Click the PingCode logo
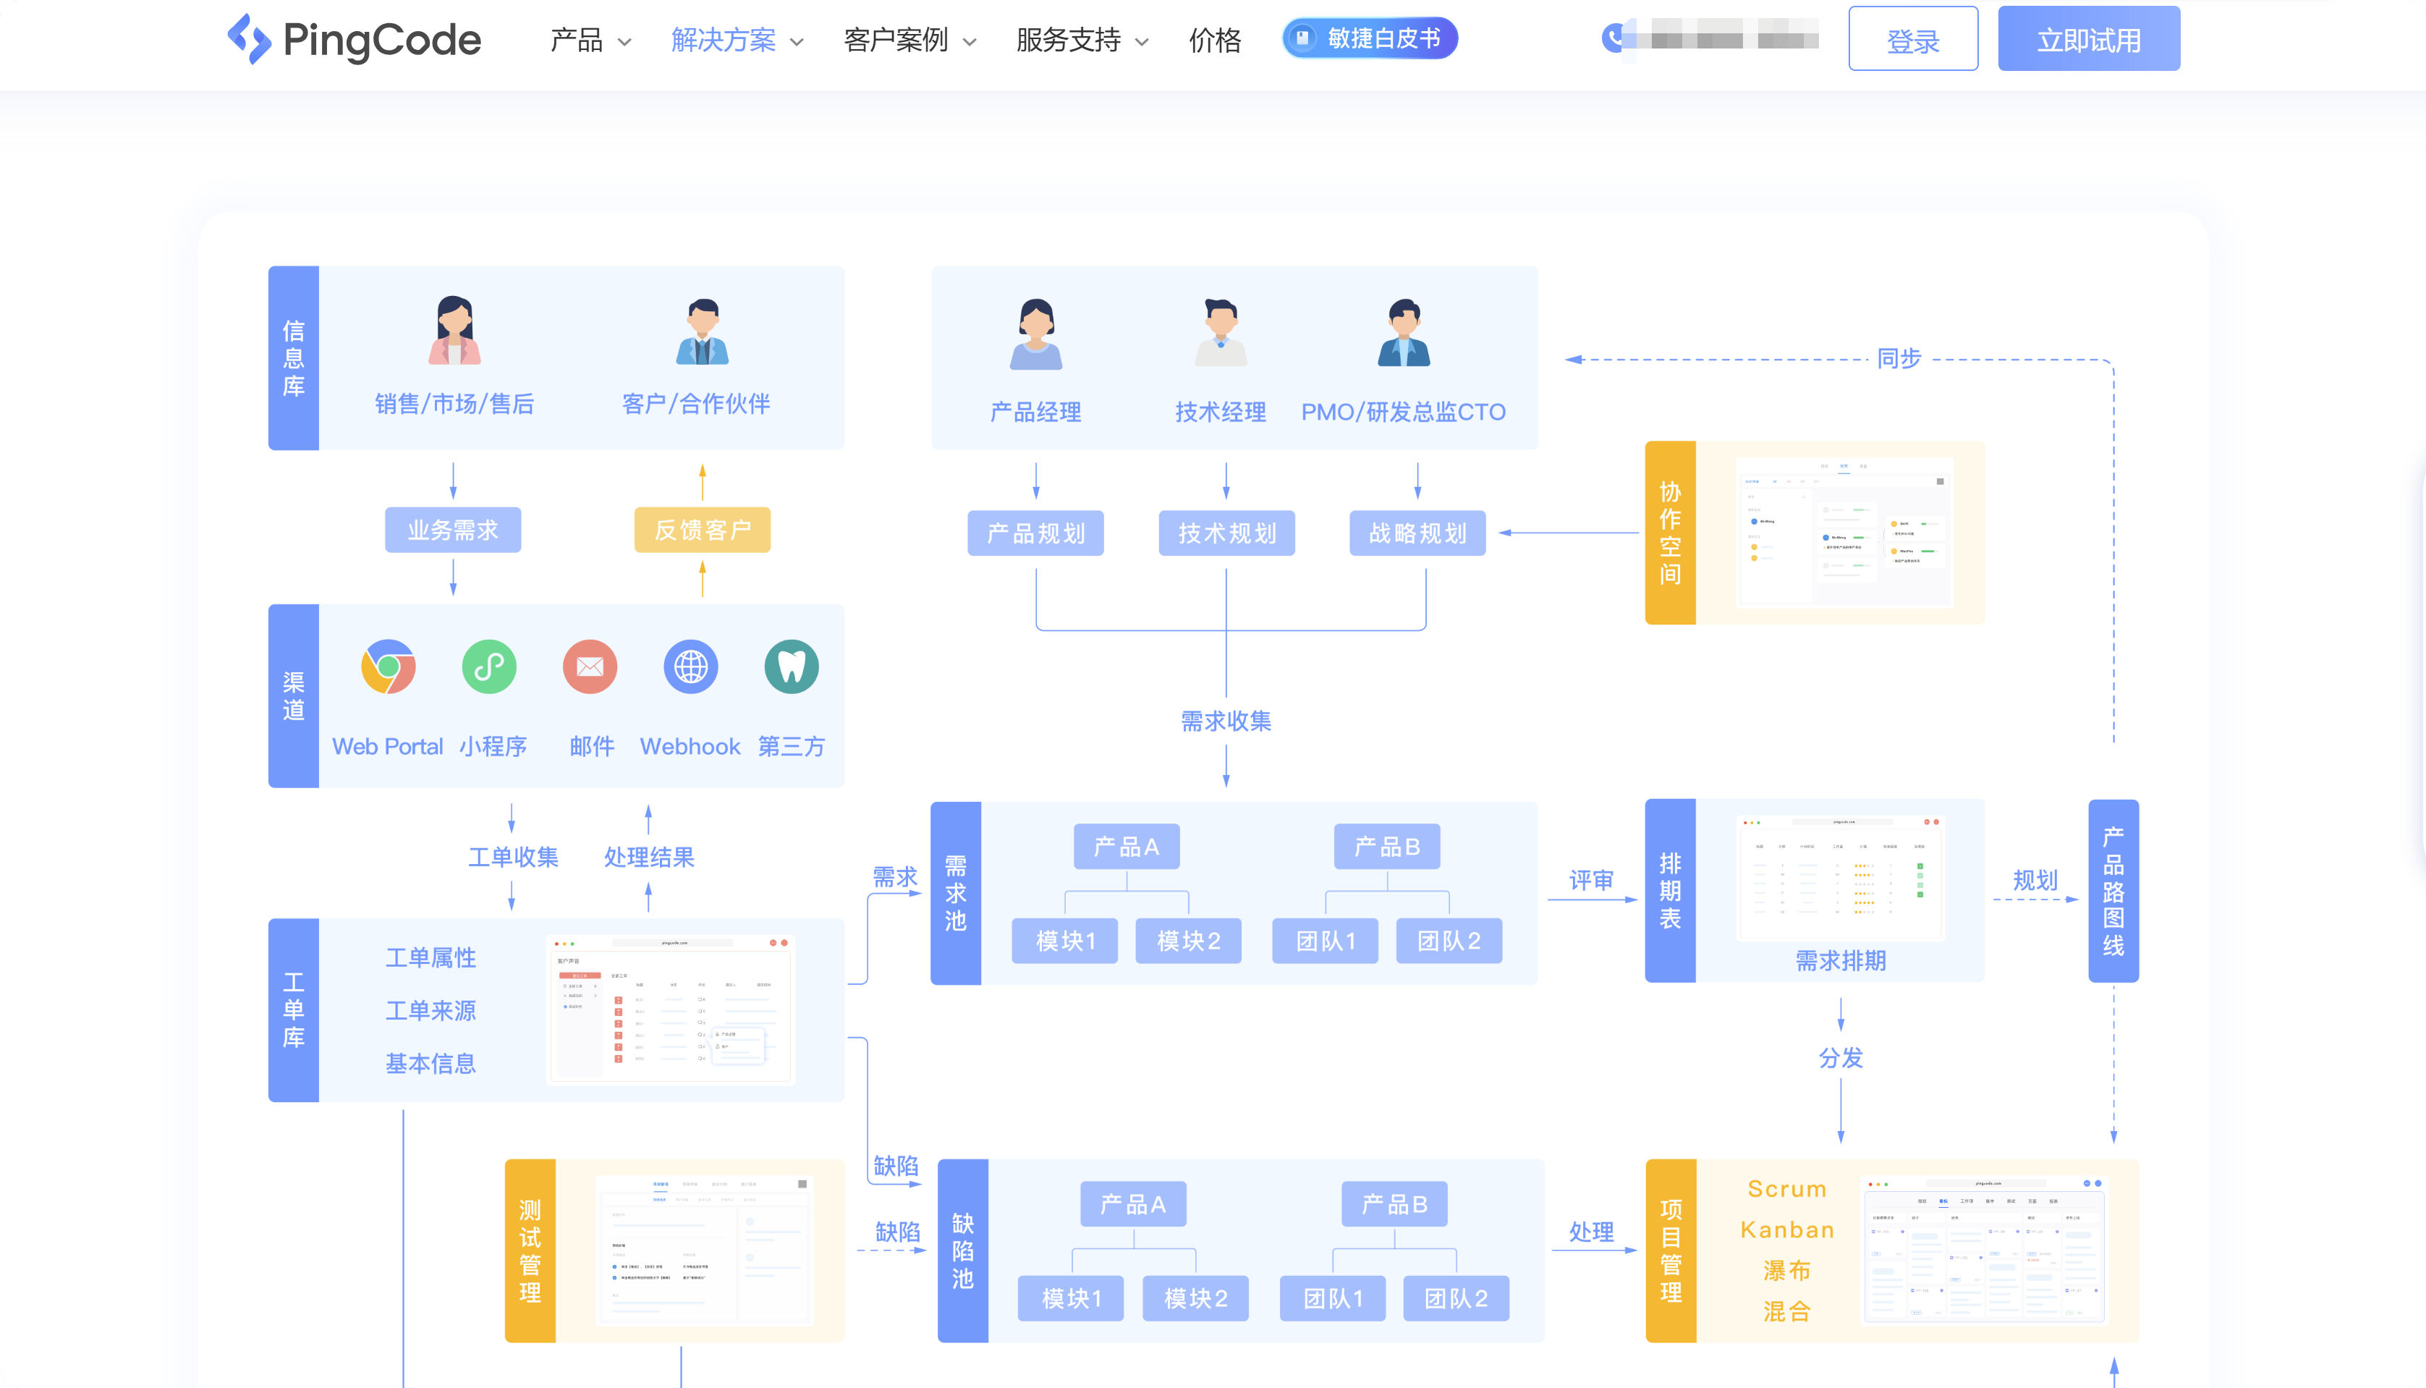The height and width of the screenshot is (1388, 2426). [355, 40]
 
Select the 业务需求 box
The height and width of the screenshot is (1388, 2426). [453, 530]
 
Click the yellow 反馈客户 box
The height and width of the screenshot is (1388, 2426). [703, 530]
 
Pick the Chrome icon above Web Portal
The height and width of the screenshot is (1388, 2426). [388, 667]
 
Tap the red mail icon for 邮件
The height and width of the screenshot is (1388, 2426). [590, 667]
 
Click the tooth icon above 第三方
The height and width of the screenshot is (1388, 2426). [791, 667]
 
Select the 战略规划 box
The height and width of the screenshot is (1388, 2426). [1417, 533]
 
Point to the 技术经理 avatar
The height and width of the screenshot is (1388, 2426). [1220, 333]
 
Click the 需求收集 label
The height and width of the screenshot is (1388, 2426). [1226, 721]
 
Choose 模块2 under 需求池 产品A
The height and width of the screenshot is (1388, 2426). [1188, 941]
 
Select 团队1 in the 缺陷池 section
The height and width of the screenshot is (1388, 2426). [1332, 1298]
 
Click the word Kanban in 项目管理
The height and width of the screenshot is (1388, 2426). [1786, 1230]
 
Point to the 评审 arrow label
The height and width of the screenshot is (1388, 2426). [1590, 880]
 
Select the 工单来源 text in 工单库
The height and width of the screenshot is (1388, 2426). [430, 1010]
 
